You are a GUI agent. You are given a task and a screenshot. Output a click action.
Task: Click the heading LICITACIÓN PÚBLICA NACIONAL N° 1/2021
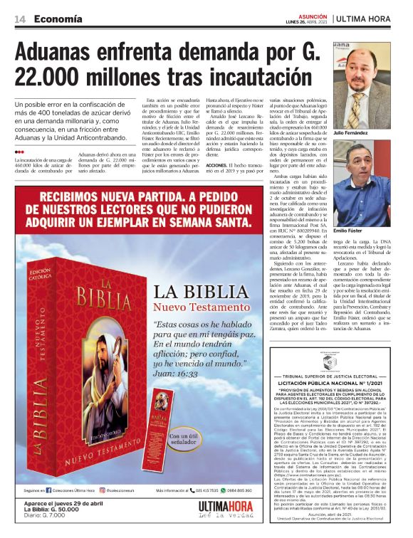tap(333, 383)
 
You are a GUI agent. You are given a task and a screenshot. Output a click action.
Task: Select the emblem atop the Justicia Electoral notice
tap(333, 362)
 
